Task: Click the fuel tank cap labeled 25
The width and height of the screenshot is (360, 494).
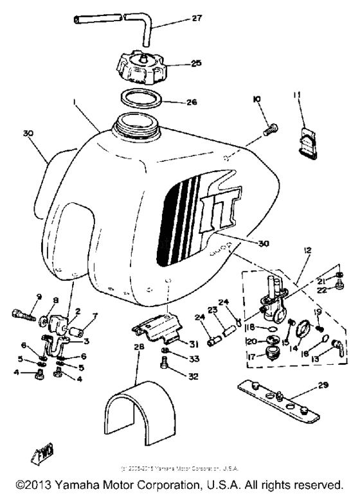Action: pos(139,64)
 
